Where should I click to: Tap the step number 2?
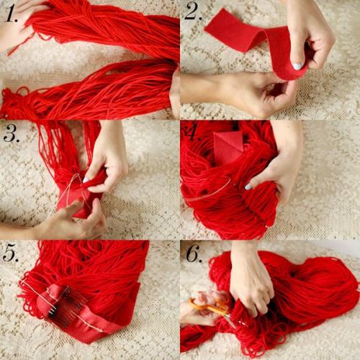pos(194,13)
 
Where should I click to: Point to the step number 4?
pos(194,133)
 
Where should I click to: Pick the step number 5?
pos(10,254)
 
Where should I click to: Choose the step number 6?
pos(194,253)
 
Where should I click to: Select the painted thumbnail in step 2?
pos(297,66)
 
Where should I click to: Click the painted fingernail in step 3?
pos(86,179)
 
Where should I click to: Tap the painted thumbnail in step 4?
pos(248,186)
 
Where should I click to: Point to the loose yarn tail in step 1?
pos(20,45)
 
